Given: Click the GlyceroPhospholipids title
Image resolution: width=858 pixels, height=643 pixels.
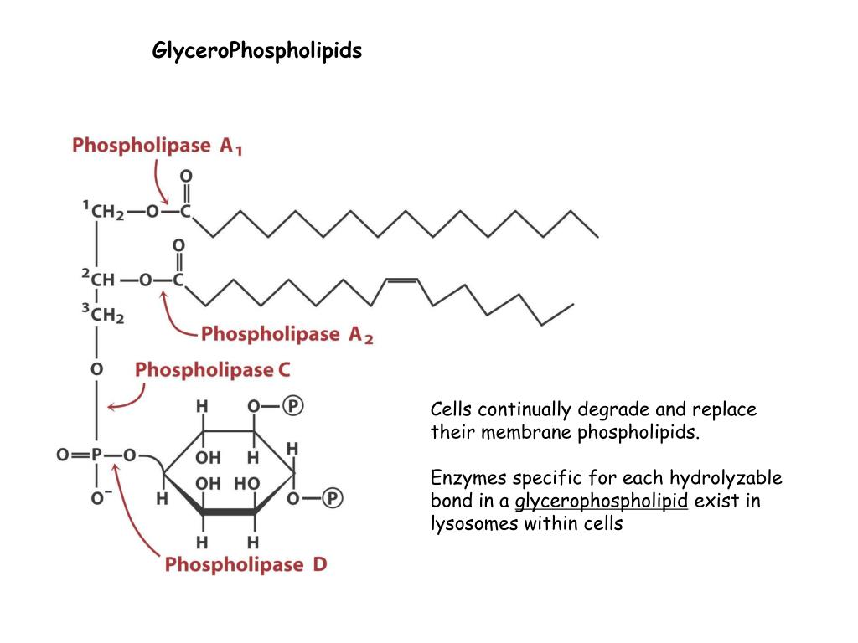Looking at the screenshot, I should point(256,51).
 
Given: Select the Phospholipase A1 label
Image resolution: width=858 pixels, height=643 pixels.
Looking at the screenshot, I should point(158,146).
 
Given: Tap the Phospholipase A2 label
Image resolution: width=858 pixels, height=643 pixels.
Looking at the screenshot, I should point(287,335).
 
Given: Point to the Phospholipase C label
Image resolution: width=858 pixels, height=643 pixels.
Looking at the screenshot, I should point(213,369).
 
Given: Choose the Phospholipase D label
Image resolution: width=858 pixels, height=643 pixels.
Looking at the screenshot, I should point(246,564).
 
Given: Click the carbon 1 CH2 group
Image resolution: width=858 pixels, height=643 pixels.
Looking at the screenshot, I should point(106,212).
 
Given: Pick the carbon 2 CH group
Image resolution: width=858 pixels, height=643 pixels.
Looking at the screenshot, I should point(101,280).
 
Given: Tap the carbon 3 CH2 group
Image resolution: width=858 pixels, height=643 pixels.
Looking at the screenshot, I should point(106,315).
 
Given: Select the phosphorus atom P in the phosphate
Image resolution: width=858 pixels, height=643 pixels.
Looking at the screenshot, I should point(96,455).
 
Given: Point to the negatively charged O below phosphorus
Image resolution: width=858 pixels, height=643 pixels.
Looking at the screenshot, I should point(96,499).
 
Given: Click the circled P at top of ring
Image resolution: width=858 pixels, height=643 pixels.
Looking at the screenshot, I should point(292,406).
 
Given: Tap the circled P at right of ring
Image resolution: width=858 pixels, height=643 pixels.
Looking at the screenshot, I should point(333,499).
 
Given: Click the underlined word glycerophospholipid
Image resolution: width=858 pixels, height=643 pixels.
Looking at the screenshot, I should point(601,502).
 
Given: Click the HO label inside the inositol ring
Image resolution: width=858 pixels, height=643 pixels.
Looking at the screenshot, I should point(246,483).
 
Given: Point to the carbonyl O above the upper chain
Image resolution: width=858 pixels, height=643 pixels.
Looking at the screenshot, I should point(186,176).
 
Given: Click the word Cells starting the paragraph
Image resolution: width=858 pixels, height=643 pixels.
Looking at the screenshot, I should point(452,409).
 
